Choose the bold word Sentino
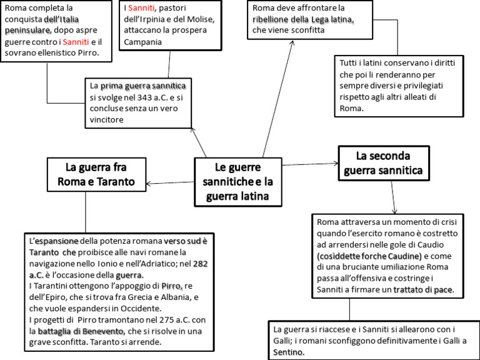(x=289, y=352)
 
